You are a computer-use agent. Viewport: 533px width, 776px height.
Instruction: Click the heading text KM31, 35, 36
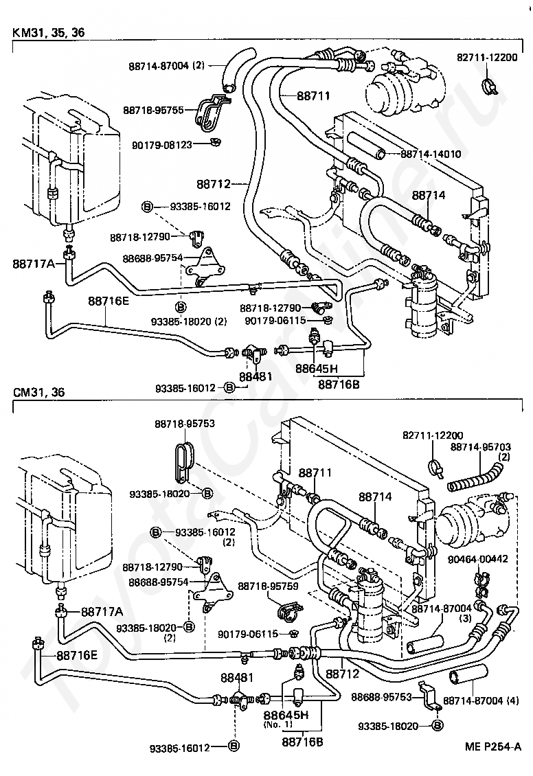49,33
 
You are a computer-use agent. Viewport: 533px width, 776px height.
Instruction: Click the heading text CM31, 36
38,392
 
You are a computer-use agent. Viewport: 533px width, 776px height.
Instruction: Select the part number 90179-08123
162,144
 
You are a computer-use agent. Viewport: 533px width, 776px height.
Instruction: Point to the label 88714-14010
430,154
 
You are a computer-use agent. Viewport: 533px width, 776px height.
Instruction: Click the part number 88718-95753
185,424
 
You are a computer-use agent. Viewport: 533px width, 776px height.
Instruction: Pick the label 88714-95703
481,447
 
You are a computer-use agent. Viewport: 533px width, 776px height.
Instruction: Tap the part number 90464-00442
477,559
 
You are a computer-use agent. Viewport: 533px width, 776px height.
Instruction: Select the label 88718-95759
268,586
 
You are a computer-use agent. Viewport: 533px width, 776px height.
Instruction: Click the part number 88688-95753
382,697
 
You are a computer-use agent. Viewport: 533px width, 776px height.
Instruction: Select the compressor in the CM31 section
473,518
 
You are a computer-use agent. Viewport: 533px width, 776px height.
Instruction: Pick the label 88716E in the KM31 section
109,301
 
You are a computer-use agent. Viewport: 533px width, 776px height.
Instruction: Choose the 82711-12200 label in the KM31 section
486,58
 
